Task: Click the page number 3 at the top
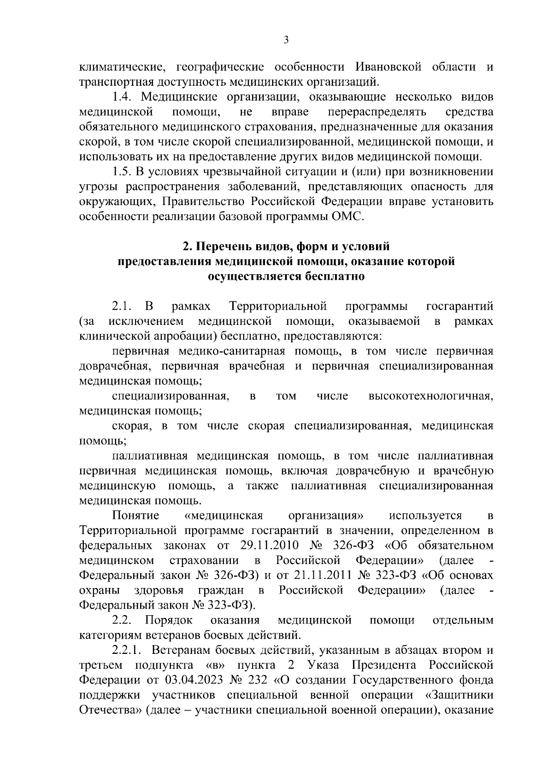[286, 40]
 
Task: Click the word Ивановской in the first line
[389, 67]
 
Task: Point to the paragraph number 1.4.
[123, 98]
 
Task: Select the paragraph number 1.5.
[123, 172]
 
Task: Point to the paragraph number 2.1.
[123, 307]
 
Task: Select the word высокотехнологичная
[430, 396]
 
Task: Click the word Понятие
[135, 516]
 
